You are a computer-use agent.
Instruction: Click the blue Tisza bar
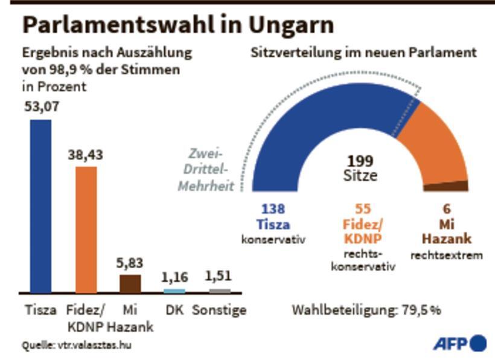[x=40, y=205]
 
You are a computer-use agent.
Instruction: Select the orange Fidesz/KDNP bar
[x=86, y=230]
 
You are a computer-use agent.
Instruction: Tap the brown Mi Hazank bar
[x=130, y=284]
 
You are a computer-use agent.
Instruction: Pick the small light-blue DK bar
[x=174, y=291]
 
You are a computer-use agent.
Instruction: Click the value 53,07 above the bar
[x=41, y=108]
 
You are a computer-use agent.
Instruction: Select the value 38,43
[x=85, y=155]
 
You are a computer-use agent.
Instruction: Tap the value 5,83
[x=130, y=264]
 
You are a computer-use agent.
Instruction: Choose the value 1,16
[x=174, y=278]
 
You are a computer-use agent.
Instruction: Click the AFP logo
[x=459, y=343]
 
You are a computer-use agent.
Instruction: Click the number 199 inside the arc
[x=360, y=161]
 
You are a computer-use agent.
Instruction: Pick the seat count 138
[x=273, y=209]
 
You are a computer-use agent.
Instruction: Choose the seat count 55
[x=363, y=209]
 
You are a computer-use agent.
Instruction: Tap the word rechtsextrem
[x=447, y=256]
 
